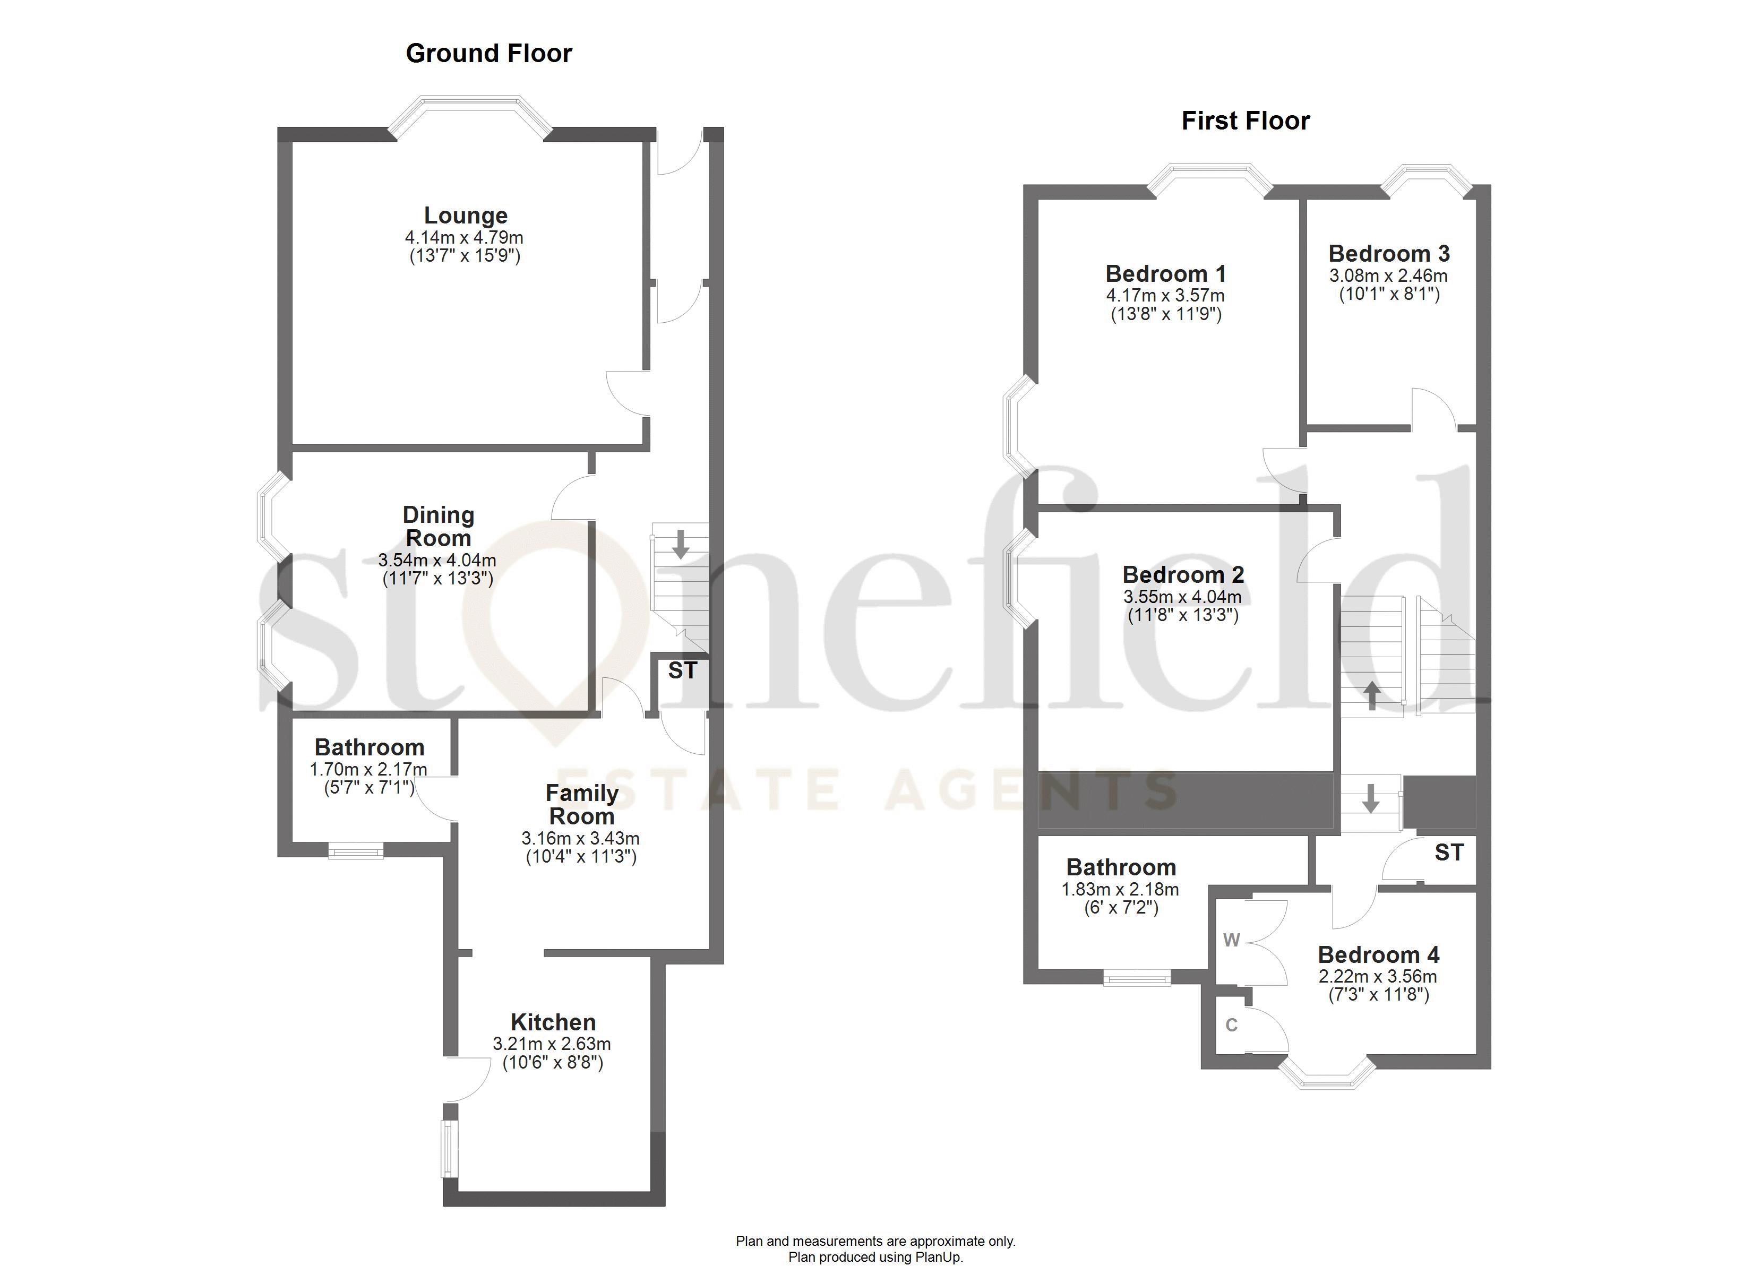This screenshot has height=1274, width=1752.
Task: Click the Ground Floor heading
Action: point(488,53)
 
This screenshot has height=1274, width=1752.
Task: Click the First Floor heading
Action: point(1246,120)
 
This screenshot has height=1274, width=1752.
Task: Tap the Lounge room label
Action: point(466,216)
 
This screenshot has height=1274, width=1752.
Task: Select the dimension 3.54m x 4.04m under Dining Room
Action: point(437,560)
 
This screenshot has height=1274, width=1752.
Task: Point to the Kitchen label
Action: point(553,1022)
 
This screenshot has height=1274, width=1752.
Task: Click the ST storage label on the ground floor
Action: point(682,670)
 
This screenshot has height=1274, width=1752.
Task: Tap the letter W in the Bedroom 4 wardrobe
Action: point(1231,940)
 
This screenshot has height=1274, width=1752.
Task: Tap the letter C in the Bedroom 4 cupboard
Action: point(1231,1025)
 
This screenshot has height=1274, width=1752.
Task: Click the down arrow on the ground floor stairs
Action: point(681,544)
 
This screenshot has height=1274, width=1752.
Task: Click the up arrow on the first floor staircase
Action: point(1372,695)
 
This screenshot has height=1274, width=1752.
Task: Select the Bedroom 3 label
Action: point(1389,253)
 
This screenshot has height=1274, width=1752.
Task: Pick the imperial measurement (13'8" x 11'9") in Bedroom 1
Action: point(1166,314)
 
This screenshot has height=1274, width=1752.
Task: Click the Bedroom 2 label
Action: point(1183,575)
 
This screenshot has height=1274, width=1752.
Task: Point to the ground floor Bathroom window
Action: point(355,851)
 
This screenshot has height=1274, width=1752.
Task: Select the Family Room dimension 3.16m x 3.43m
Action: point(580,838)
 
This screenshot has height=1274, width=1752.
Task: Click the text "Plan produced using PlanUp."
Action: point(875,1257)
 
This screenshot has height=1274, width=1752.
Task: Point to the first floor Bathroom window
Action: point(1137,978)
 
